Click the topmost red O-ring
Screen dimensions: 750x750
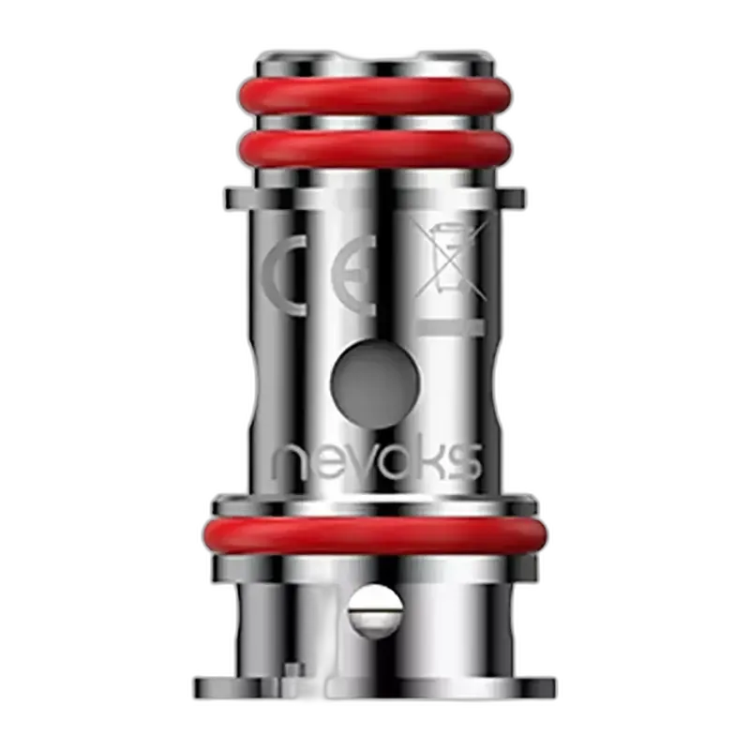coord(375,95)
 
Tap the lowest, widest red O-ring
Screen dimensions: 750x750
coord(375,535)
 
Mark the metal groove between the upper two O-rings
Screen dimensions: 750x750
coord(375,121)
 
